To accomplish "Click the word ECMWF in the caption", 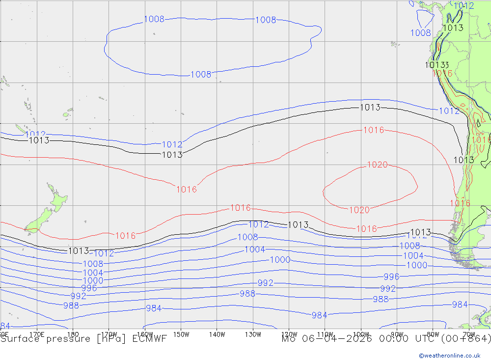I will click(x=150, y=339).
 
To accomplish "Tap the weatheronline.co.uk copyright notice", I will click(x=454, y=355).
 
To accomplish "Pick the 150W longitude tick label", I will click(x=181, y=334).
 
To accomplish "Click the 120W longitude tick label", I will click(x=289, y=334).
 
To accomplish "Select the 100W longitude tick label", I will click(x=361, y=334).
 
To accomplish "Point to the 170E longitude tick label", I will click(x=37, y=334).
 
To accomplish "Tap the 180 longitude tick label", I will click(x=73, y=334).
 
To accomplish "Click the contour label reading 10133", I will click(x=437, y=65).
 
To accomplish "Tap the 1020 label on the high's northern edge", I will click(x=377, y=165).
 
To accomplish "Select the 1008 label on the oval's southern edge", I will click(x=201, y=75).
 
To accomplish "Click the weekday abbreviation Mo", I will click(x=288, y=339).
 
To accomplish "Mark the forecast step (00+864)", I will click(x=467, y=339).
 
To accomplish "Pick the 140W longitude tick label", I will click(x=217, y=334).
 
